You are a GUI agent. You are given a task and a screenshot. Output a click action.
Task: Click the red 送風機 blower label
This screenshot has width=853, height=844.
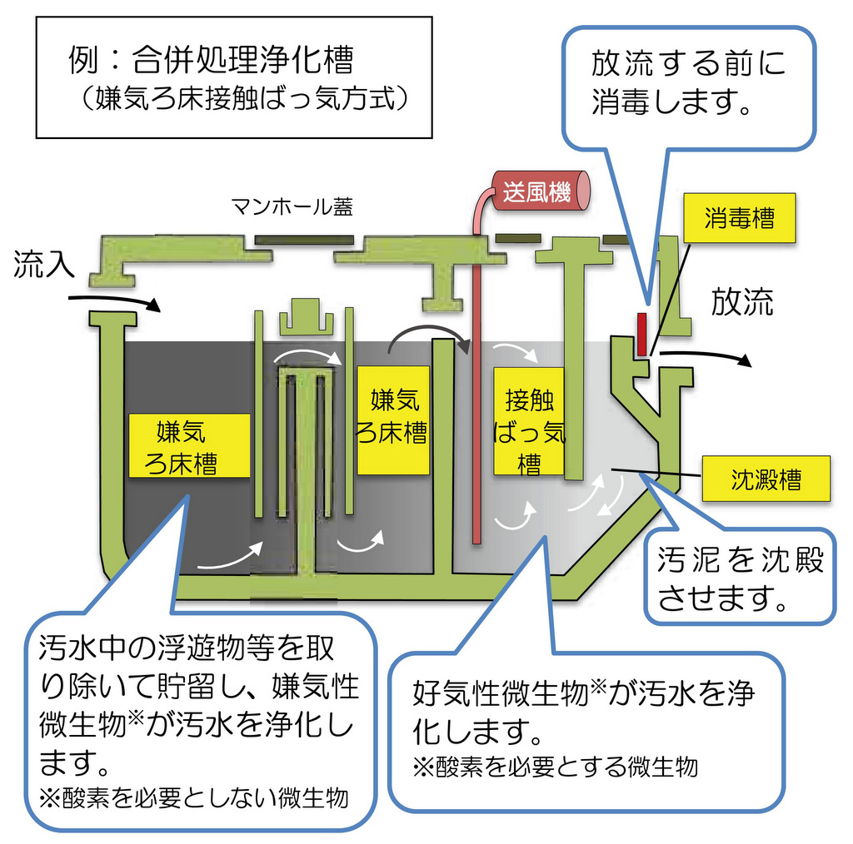pyautogui.click(x=536, y=191)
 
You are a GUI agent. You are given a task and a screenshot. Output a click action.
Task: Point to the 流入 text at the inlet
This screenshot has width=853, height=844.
pyautogui.click(x=45, y=266)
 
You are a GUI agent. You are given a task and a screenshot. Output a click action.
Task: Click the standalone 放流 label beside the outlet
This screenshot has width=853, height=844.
pyautogui.click(x=741, y=302)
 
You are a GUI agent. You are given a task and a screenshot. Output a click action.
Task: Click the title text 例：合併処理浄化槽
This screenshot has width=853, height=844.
pyautogui.click(x=210, y=61)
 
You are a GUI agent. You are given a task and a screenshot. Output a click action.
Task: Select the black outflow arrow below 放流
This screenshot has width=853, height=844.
pyautogui.click(x=705, y=355)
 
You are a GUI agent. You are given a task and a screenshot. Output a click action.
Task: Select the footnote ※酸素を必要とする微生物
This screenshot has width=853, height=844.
pyautogui.click(x=555, y=766)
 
